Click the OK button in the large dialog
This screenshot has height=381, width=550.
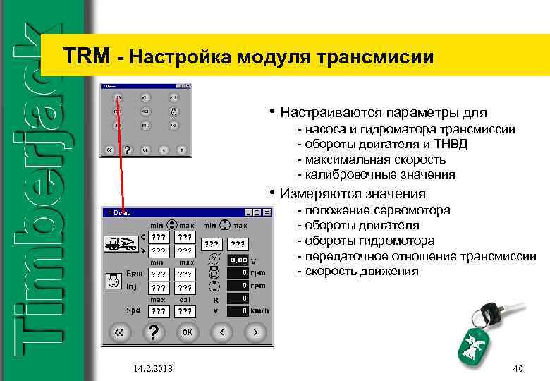pos(187,331)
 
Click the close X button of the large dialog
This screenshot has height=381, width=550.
pos(267,212)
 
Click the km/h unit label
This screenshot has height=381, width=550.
pos(260,310)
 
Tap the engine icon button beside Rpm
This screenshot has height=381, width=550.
pos(113,282)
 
